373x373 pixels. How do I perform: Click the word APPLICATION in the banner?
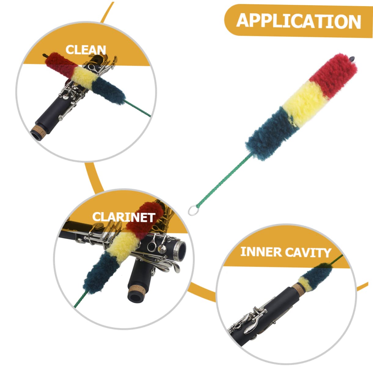[298, 21]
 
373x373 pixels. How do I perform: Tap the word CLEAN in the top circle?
[86, 50]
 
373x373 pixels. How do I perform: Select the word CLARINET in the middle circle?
[123, 217]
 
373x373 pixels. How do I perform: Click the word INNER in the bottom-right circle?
[261, 252]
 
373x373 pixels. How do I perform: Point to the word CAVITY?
[308, 252]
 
